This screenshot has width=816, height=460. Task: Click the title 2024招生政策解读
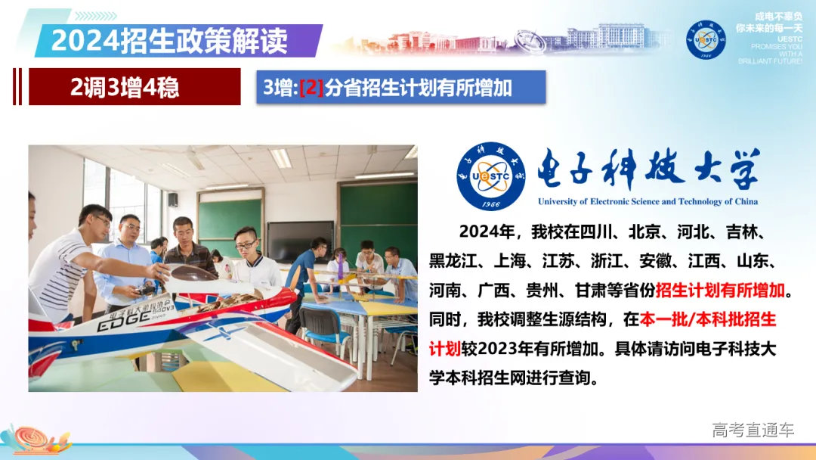(x=169, y=40)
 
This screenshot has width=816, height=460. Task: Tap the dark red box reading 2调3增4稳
(x=125, y=88)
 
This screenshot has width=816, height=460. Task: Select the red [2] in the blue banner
(x=311, y=88)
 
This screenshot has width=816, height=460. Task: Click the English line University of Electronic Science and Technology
(x=648, y=202)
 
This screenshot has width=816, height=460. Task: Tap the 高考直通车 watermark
(x=753, y=430)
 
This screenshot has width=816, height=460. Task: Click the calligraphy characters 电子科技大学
(x=648, y=171)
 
